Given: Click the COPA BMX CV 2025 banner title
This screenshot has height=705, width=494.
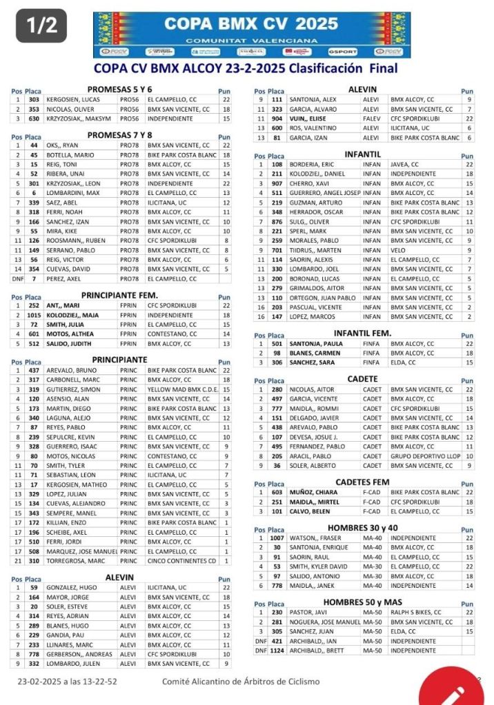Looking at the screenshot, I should click(251, 24).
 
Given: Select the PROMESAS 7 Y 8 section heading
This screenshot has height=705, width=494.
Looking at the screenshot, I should click(119, 135).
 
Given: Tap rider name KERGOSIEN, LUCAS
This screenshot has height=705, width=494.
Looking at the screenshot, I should click(72, 99).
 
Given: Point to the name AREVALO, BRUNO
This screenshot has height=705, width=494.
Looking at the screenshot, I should click(67, 370).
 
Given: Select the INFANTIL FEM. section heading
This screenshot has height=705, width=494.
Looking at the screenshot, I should click(362, 334).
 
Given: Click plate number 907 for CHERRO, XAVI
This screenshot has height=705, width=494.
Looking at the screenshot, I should click(277, 184).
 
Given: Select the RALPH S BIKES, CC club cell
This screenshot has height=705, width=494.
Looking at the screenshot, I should click(421, 612).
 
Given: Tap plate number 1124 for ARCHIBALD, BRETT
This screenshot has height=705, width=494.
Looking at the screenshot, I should click(277, 651).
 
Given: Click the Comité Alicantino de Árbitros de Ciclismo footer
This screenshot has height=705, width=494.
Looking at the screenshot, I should click(241, 682).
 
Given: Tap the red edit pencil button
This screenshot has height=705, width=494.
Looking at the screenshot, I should click(456, 691).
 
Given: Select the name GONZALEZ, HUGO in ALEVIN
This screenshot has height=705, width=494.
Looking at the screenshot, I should click(70, 587).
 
